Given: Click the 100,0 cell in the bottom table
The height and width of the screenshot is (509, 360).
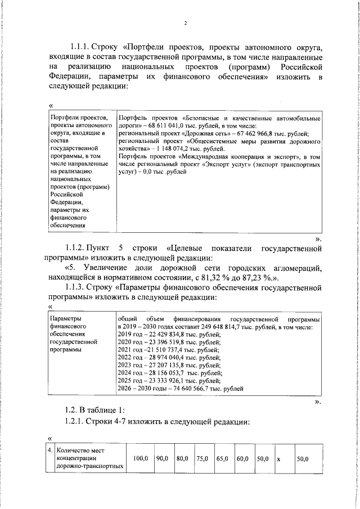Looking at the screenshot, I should [x=140, y=459].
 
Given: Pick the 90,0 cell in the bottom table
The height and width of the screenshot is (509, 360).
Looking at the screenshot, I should [x=163, y=459].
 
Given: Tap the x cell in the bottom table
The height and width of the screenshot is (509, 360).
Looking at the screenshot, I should [x=279, y=459].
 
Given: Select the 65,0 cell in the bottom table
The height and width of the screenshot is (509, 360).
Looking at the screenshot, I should [x=223, y=459].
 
